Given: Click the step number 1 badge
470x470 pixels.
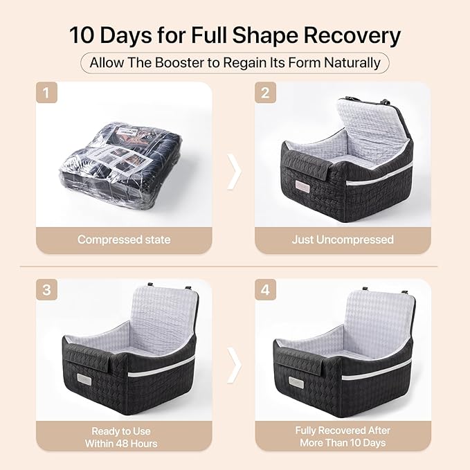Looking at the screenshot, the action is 46,92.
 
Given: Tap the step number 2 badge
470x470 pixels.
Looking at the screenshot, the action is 265,92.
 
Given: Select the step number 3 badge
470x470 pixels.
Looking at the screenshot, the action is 46,289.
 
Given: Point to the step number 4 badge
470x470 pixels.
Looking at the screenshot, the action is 265,289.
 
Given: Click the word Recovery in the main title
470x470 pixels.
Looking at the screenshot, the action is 352,36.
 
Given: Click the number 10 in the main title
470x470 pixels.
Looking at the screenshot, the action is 82,35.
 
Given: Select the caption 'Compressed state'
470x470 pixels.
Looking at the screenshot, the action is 124,239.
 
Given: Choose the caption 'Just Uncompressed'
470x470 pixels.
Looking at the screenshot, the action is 343,239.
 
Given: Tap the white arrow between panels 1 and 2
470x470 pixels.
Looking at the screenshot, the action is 235,172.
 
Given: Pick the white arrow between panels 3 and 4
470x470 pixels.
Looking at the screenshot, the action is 235,365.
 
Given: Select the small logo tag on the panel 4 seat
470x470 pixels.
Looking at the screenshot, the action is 296,381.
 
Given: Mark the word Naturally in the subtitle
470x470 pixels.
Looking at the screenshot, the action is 352,63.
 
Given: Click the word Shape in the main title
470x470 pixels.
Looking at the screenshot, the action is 265,36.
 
